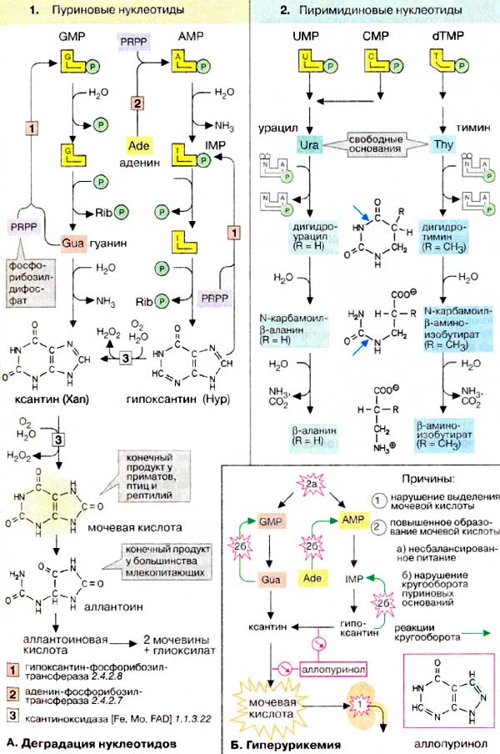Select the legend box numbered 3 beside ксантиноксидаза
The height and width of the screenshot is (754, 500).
[14, 716]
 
